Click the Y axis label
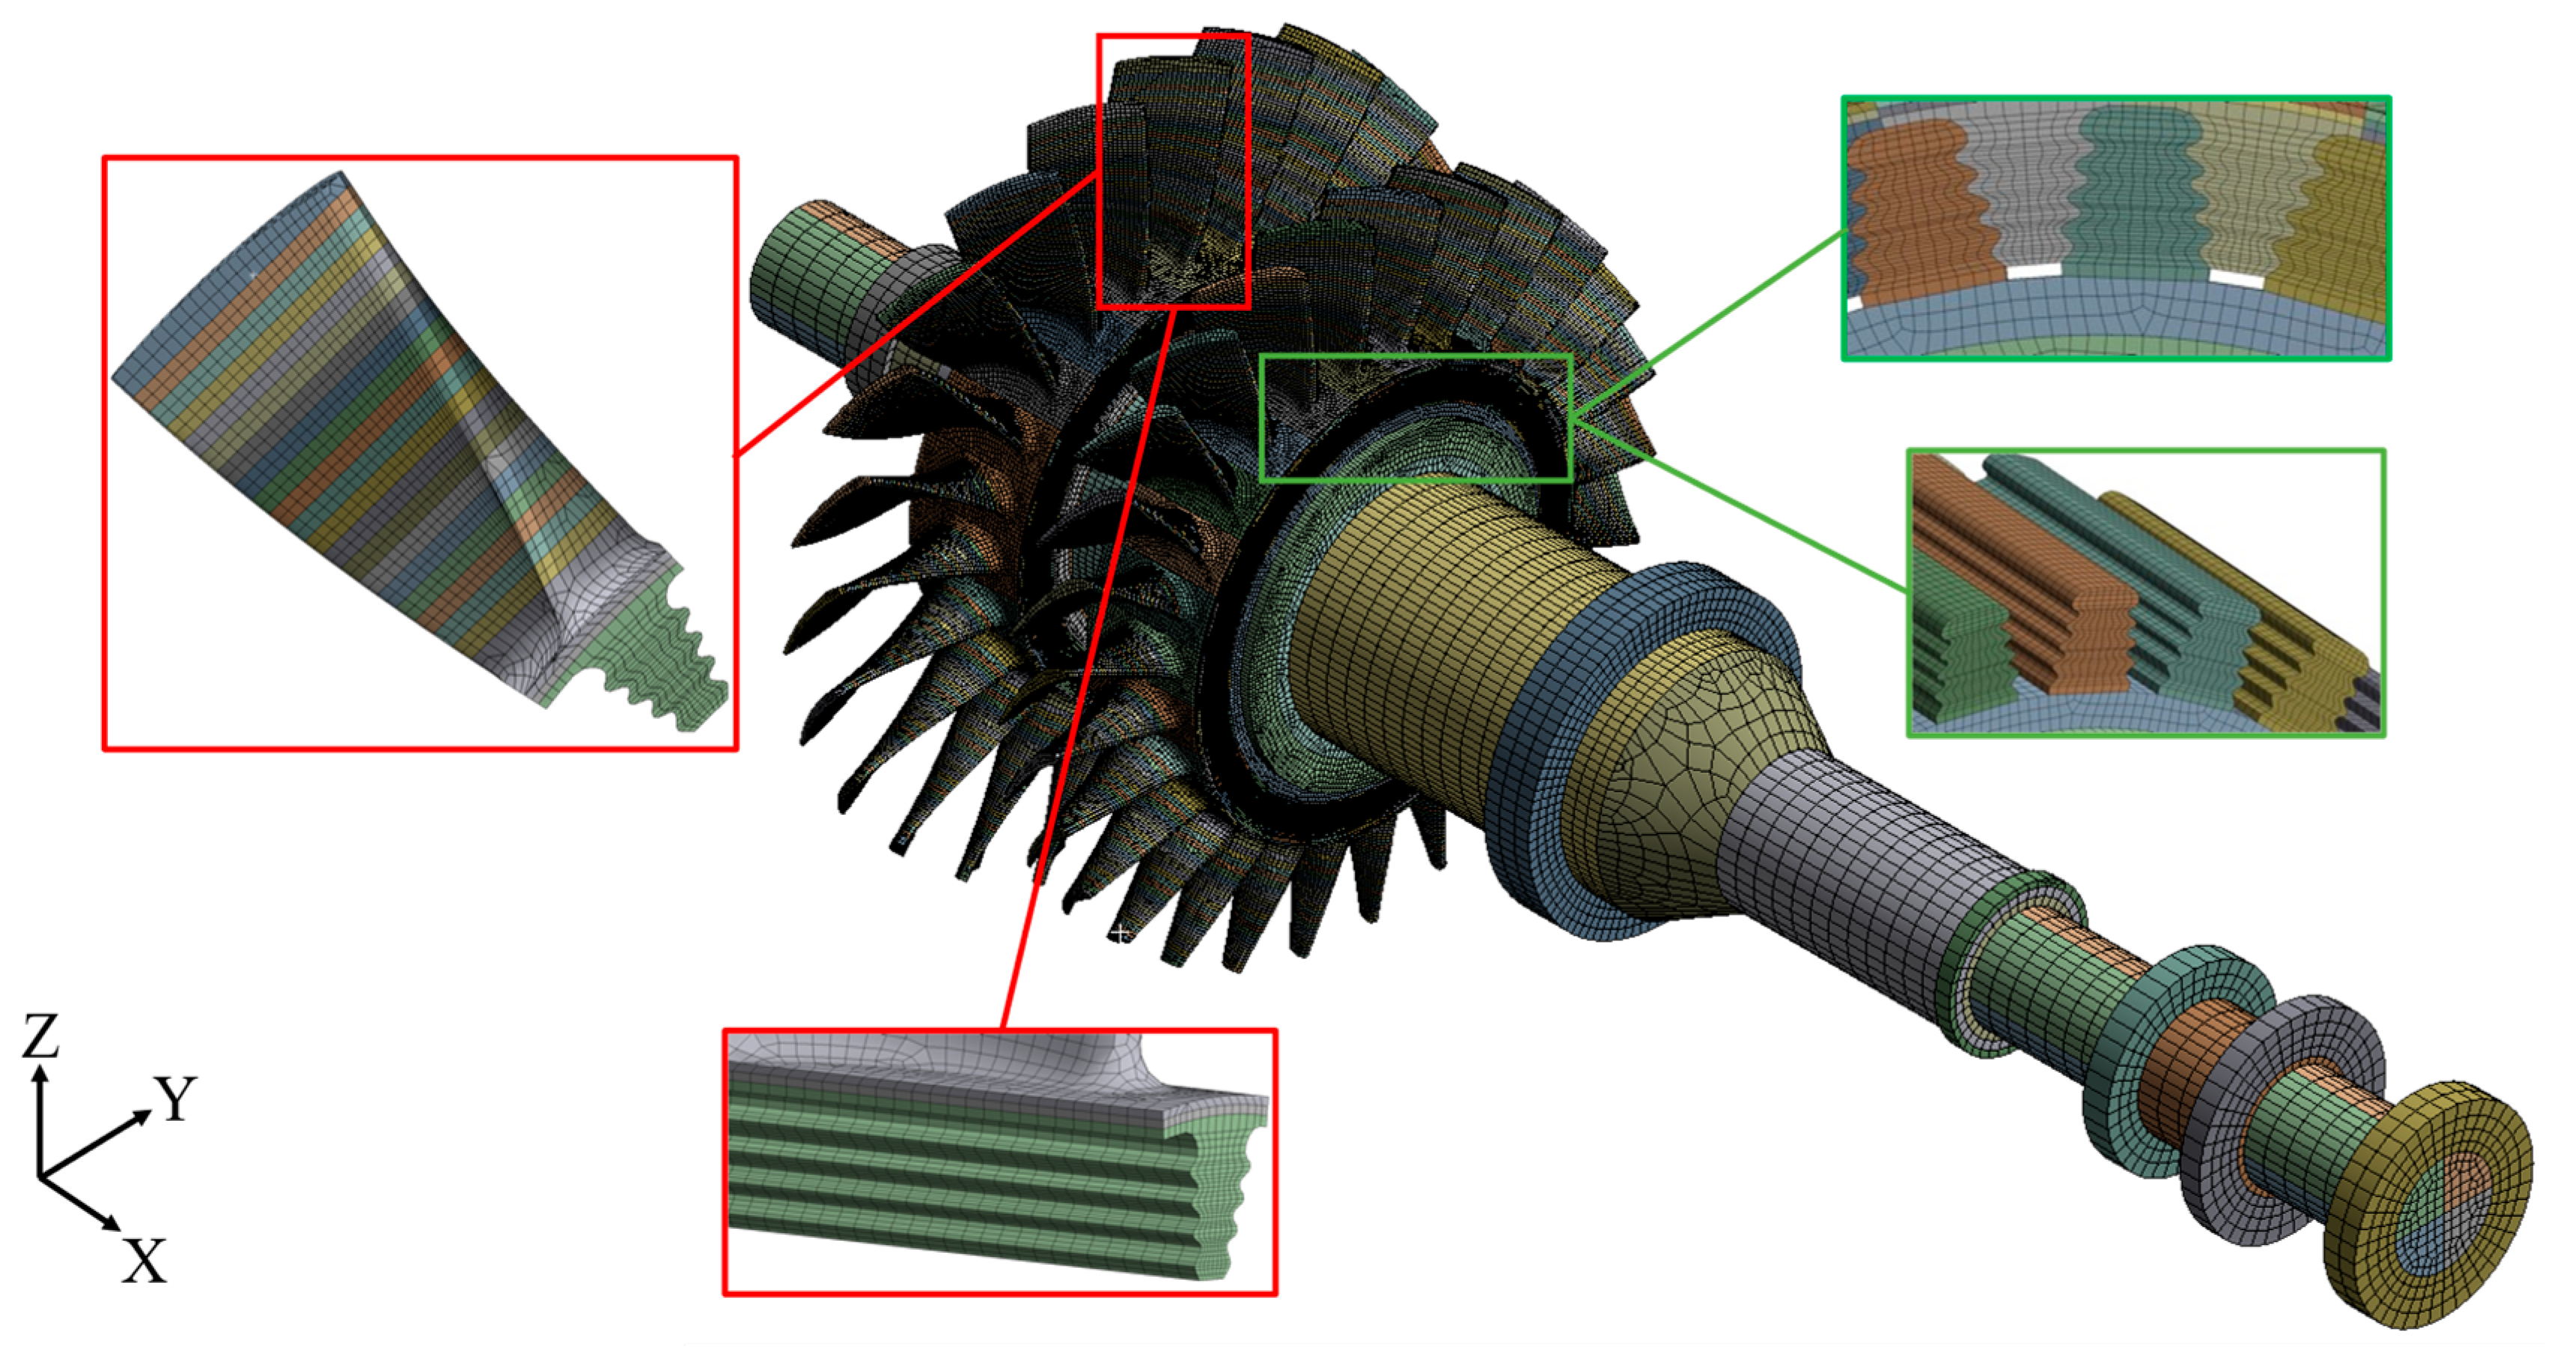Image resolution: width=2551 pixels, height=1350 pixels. [x=176, y=1098]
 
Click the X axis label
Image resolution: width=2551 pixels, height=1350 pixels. [x=144, y=1261]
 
